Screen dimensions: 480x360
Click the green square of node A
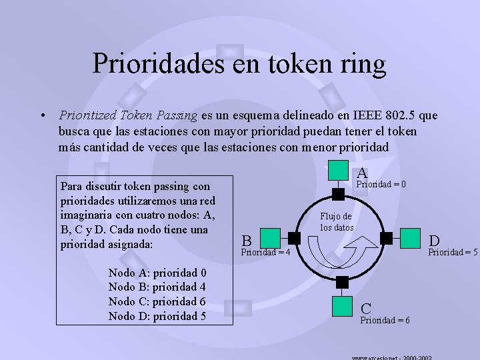340,171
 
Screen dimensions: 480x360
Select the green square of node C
343,305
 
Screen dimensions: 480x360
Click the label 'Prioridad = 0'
382,184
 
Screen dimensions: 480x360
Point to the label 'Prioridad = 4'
265,252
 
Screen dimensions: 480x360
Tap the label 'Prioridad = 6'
385,321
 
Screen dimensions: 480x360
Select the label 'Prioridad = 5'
453,252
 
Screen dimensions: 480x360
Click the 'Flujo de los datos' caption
337,221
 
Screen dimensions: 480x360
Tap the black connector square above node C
343,282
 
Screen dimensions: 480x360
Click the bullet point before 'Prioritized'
43,115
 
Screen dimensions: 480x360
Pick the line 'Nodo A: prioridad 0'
157,272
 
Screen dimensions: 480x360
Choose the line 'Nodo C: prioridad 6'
157,301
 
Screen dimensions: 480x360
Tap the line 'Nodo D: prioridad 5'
157,316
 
